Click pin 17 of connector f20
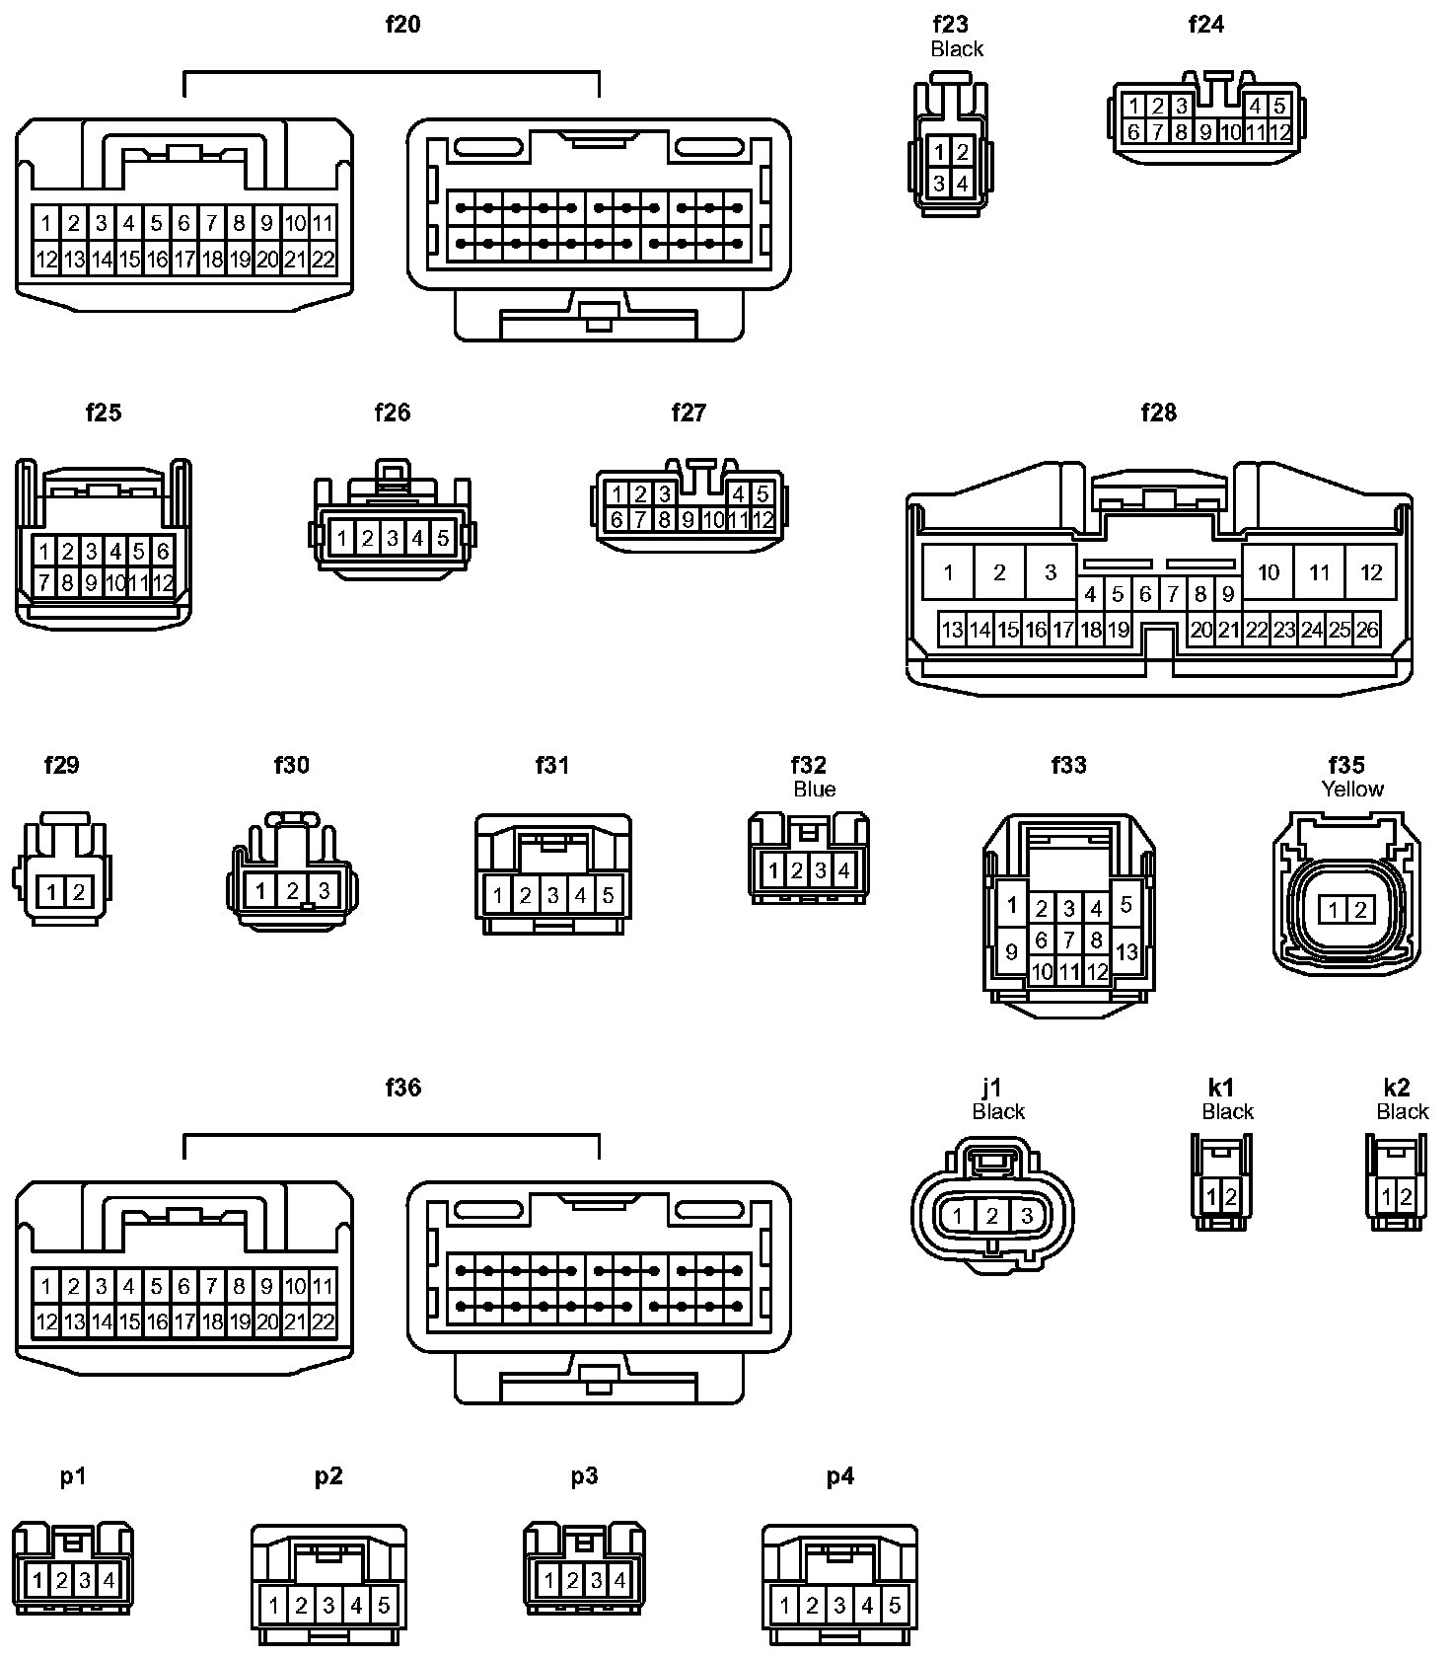(x=183, y=260)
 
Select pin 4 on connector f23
(x=963, y=183)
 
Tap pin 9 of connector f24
(x=1205, y=131)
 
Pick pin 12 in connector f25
(x=163, y=582)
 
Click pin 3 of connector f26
(x=393, y=538)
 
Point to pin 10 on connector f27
(x=713, y=519)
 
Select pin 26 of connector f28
(x=1367, y=630)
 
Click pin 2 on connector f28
(x=999, y=572)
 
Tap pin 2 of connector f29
(x=79, y=893)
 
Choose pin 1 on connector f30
(x=260, y=891)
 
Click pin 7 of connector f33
(x=1068, y=940)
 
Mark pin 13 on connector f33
(x=1126, y=952)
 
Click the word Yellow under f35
(x=1352, y=789)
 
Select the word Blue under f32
(x=815, y=789)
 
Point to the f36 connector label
(x=402, y=1088)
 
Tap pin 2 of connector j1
(x=992, y=1216)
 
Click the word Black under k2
(x=1403, y=1111)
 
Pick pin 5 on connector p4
(x=895, y=1606)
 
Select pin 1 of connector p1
(x=37, y=1581)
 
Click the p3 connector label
(x=584, y=1476)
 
